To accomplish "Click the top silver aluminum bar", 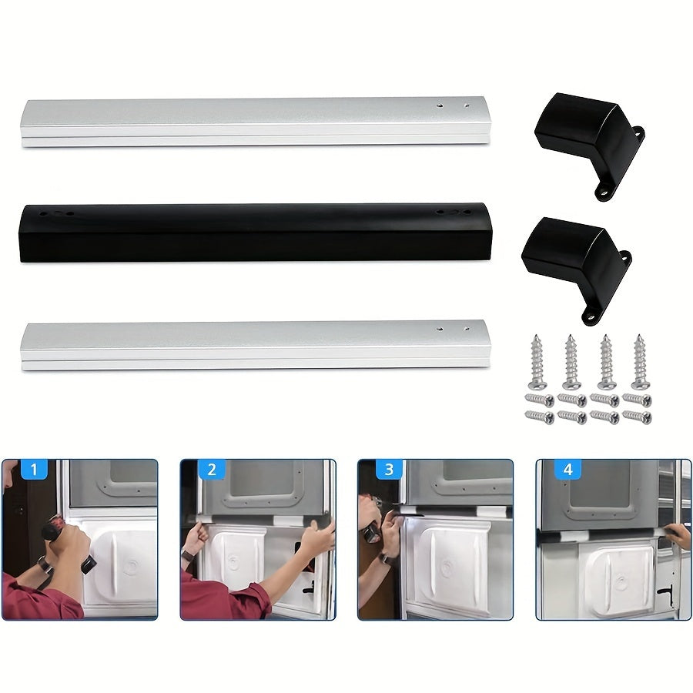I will click(254, 121).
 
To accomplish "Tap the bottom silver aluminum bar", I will click(254, 345).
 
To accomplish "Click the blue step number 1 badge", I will click(35, 469).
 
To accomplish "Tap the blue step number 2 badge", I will click(212, 469).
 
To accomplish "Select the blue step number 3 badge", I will click(390, 469).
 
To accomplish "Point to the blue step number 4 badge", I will click(567, 469).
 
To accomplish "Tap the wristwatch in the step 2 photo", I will click(187, 555).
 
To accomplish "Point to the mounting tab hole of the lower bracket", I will click(591, 313).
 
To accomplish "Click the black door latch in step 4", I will click(663, 594).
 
